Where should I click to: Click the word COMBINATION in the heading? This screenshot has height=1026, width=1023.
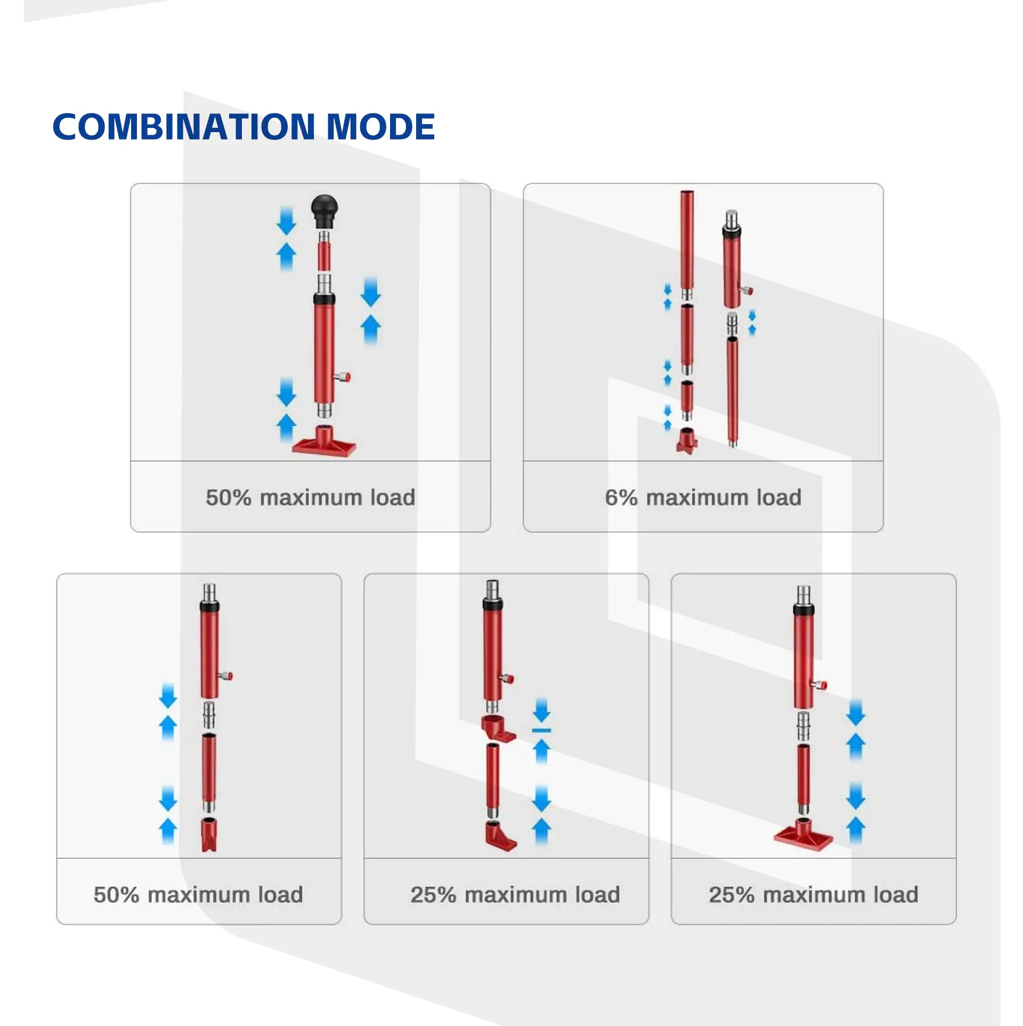[x=184, y=127]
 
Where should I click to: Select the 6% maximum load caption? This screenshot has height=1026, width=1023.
[x=703, y=498]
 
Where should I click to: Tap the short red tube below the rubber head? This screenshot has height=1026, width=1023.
[x=325, y=255]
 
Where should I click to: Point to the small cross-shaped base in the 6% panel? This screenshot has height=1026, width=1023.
[x=687, y=441]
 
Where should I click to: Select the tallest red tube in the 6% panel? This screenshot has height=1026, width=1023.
[x=687, y=240]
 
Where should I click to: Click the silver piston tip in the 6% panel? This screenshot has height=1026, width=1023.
[x=732, y=218]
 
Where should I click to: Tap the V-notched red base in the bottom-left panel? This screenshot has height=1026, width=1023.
[x=209, y=835]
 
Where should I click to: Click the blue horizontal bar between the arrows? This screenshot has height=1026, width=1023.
[x=541, y=730]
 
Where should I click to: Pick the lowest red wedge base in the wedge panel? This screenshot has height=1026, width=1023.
[x=500, y=836]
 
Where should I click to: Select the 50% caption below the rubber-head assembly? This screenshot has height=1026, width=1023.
[x=310, y=498]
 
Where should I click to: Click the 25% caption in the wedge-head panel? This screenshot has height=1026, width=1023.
[x=515, y=894]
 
